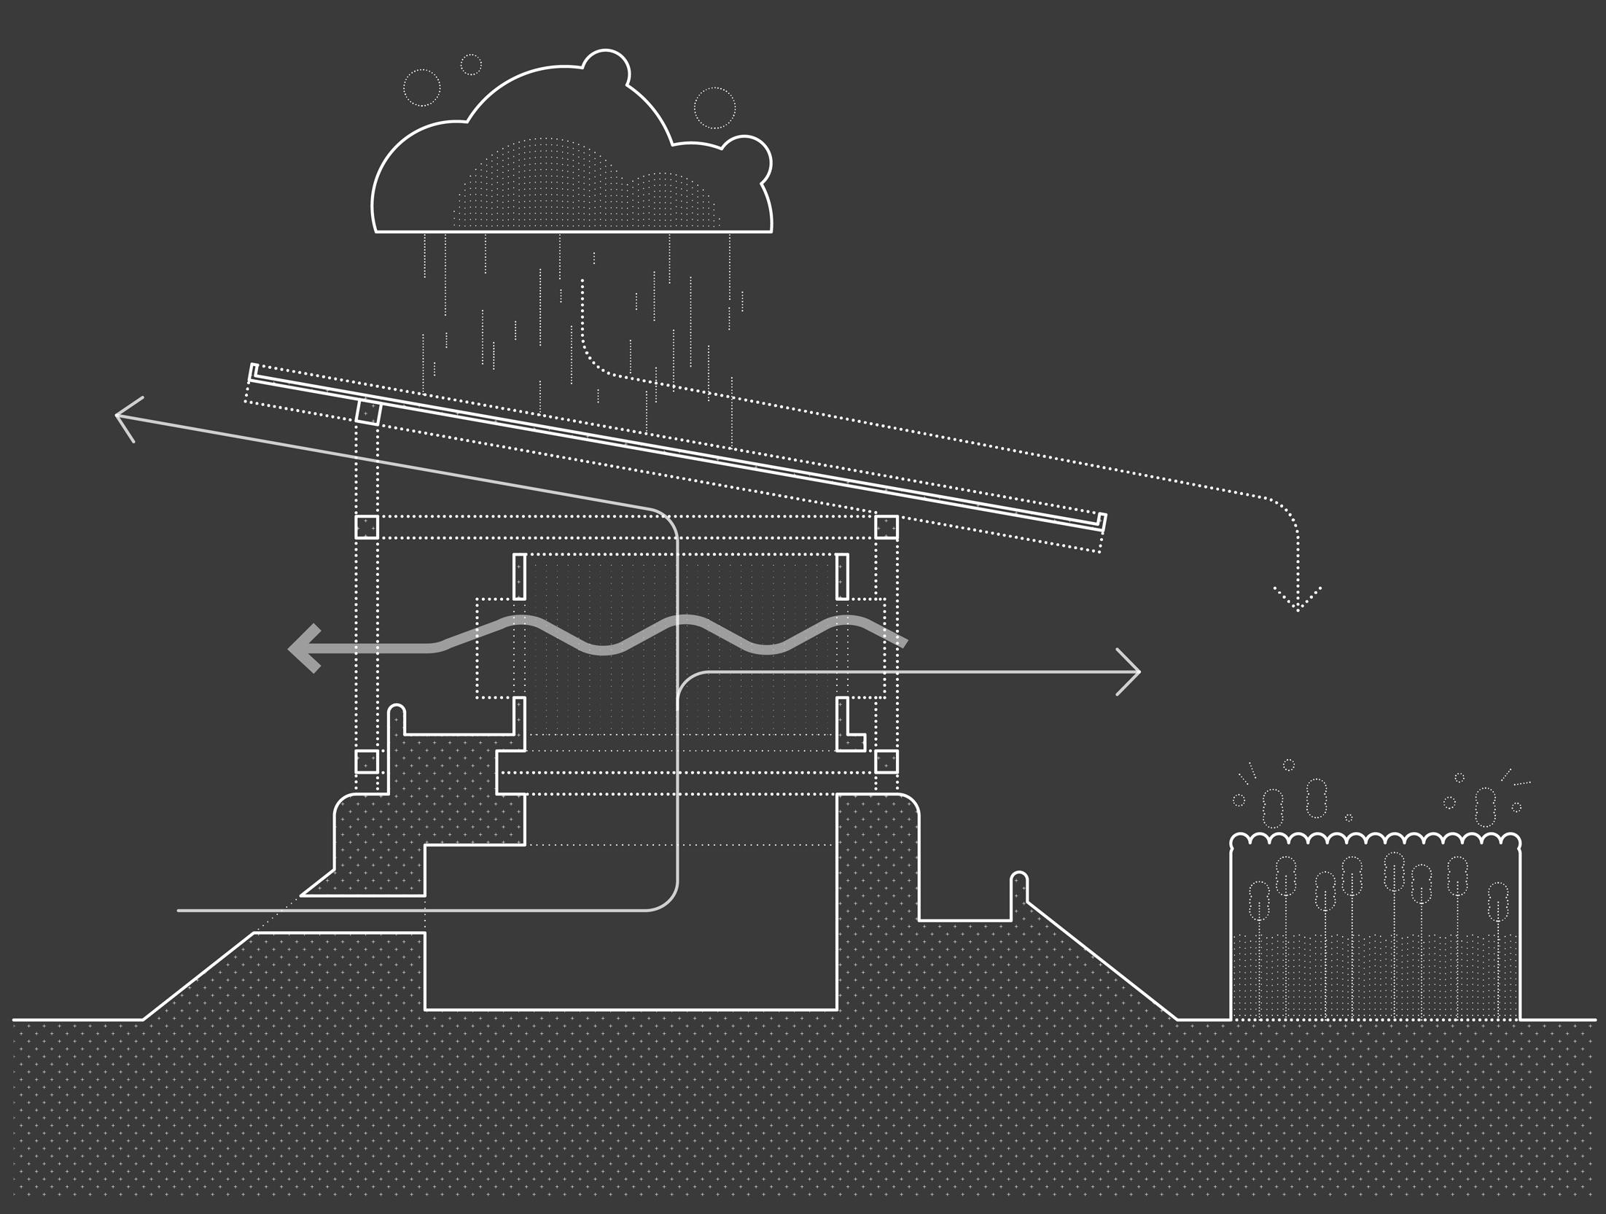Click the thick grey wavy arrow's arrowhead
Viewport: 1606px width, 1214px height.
305,648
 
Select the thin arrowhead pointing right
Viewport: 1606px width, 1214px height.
1130,672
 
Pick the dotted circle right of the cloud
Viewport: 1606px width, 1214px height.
714,108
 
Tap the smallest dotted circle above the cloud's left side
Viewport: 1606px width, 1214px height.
471,64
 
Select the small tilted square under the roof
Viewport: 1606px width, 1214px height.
368,412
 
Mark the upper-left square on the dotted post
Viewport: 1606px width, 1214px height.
367,527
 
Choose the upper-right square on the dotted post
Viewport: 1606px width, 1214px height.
886,527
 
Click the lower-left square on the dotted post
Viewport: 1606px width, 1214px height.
367,762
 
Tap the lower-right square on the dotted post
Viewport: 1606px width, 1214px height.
886,762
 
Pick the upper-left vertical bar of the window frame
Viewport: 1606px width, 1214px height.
519,576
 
